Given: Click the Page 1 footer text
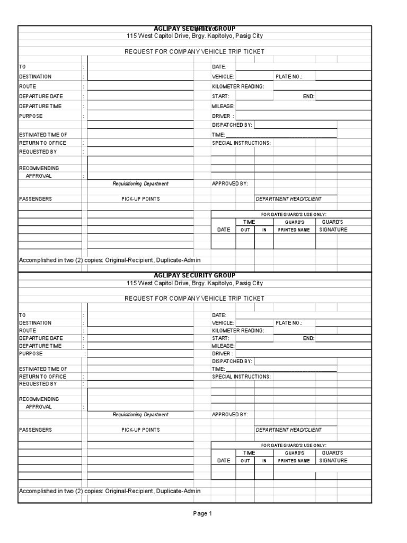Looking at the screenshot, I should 202,513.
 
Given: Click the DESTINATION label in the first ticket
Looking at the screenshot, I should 36,77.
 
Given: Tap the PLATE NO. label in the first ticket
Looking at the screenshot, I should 288,77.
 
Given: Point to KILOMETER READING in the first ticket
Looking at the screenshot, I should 238,86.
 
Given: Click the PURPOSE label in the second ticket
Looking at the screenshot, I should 31,354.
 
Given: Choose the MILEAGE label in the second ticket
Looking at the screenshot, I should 223,346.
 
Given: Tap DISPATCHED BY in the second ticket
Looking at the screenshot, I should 232,361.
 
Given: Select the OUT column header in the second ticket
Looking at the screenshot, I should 245,461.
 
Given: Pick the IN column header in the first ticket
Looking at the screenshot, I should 263,230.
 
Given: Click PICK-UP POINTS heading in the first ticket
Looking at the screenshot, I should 140,199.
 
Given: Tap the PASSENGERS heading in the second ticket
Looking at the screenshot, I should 36,430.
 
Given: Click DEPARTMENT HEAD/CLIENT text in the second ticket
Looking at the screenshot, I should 288,430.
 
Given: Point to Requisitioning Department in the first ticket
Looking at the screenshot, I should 140,184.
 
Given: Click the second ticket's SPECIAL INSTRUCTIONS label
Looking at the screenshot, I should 241,376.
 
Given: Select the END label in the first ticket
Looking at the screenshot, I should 308,97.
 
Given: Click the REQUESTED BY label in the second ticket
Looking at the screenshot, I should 38,384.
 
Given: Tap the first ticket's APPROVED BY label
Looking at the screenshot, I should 230,184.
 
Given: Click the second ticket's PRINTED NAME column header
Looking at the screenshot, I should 294,461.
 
